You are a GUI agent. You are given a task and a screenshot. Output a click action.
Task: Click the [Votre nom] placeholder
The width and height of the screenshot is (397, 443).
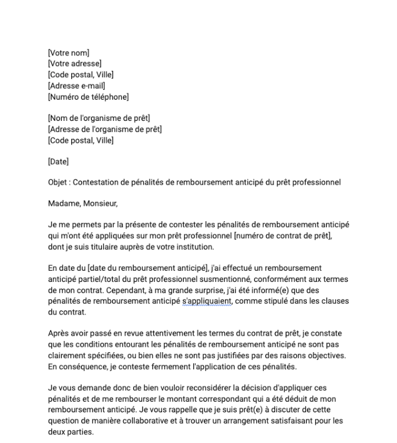tap(68, 53)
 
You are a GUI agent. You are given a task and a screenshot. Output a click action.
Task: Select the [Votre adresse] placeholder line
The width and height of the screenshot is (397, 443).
tap(74, 64)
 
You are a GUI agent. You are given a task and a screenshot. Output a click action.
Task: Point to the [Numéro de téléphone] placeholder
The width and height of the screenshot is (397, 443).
tap(88, 97)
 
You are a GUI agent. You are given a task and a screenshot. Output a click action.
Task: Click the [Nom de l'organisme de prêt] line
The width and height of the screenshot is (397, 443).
tap(99, 119)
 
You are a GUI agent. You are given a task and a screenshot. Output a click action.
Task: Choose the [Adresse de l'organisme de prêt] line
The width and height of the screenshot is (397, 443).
tap(105, 129)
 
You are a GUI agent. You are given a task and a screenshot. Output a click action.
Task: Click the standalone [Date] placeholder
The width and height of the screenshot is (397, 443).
tap(58, 161)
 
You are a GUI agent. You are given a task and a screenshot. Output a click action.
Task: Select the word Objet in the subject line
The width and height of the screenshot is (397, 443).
tap(58, 182)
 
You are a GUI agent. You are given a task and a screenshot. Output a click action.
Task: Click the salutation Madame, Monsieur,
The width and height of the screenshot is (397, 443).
tap(83, 204)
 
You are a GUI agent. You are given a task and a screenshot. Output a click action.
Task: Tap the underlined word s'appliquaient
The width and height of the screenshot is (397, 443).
tap(211, 301)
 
